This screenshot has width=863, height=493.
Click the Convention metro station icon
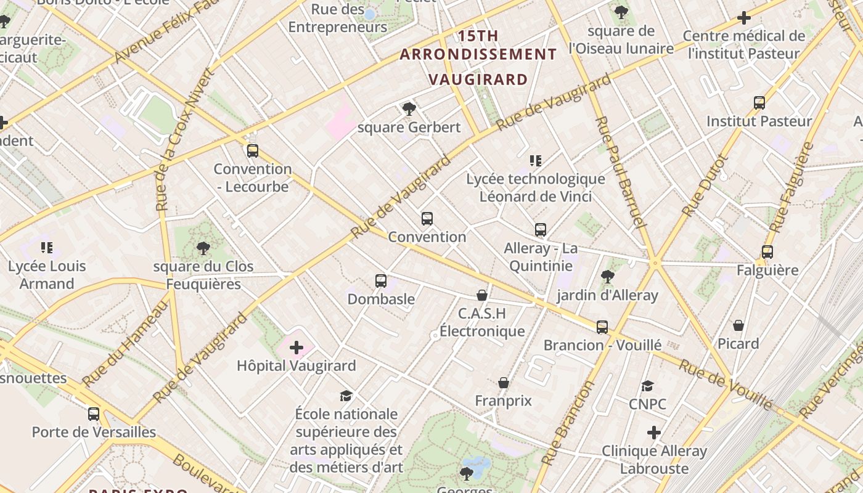pos(427,219)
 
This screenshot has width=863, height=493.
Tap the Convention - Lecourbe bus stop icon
pos(253,151)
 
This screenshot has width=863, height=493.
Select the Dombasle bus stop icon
pos(381,281)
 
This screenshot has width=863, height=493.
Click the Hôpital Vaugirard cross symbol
pos(297,348)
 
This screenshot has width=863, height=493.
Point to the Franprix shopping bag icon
pos(504,383)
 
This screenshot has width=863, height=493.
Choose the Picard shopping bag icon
pos(738,325)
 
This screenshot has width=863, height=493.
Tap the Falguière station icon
pos(767,252)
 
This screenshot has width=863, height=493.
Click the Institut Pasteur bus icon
pos(759,103)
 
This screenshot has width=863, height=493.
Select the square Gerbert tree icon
pos(409,109)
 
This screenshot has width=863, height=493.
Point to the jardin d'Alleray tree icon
pos(608,277)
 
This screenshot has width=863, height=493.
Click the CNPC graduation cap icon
pos(647,386)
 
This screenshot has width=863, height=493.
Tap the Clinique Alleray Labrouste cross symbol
pos(654,433)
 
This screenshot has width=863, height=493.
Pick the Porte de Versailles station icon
pos(94,414)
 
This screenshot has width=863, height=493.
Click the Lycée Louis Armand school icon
pos(47,248)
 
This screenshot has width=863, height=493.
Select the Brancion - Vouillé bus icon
pos(602,327)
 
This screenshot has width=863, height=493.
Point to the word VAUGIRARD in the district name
pos(478,79)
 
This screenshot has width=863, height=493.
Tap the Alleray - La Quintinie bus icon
pos(541,230)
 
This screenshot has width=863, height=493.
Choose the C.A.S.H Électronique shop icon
pos(482,296)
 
